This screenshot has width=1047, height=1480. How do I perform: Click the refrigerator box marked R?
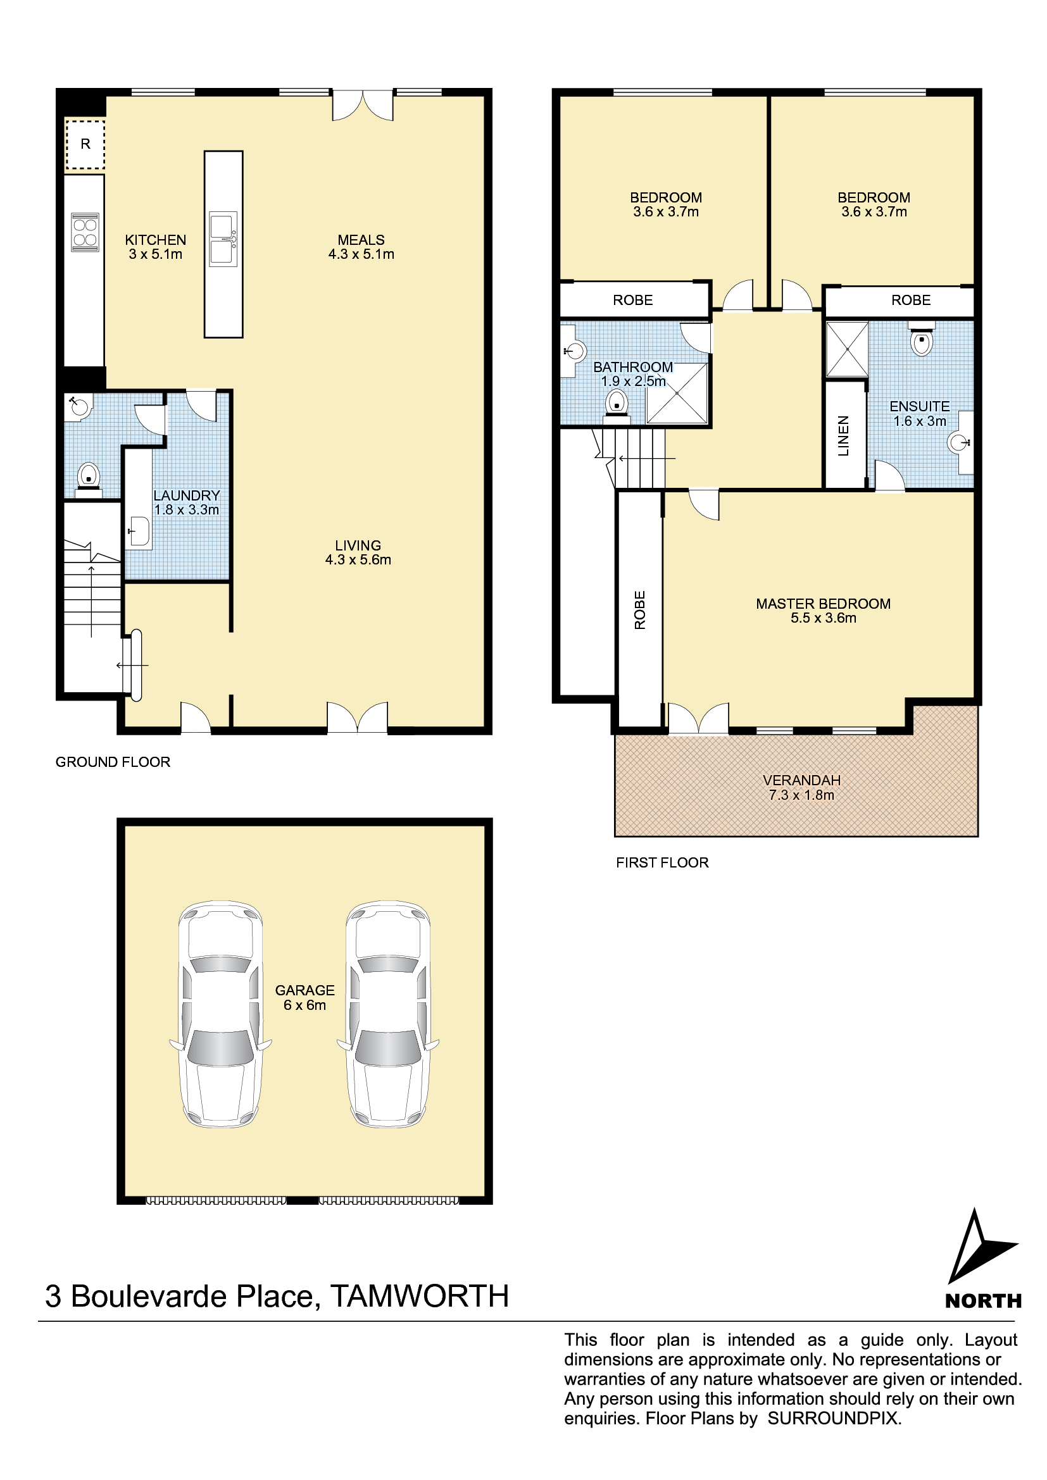[84, 144]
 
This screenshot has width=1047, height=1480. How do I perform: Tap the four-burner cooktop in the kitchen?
[85, 233]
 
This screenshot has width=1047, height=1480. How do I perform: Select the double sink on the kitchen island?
[223, 239]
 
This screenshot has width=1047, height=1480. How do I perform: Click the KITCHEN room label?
[155, 240]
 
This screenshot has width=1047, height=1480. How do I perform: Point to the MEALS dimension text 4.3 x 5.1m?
[361, 254]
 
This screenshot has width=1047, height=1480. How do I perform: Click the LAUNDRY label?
[186, 495]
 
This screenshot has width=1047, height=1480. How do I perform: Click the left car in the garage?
[220, 1014]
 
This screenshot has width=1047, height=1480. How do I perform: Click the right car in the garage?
[388, 1014]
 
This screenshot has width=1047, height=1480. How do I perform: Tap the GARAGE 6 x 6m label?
[305, 997]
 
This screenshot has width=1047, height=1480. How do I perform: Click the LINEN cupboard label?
[843, 436]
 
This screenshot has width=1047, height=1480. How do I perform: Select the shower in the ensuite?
[847, 349]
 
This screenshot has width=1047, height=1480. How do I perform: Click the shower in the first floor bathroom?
[677, 393]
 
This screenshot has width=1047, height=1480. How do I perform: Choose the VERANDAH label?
[801, 780]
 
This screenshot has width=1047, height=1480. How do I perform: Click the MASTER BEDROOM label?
[824, 604]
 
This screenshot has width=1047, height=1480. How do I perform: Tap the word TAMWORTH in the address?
[420, 1297]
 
